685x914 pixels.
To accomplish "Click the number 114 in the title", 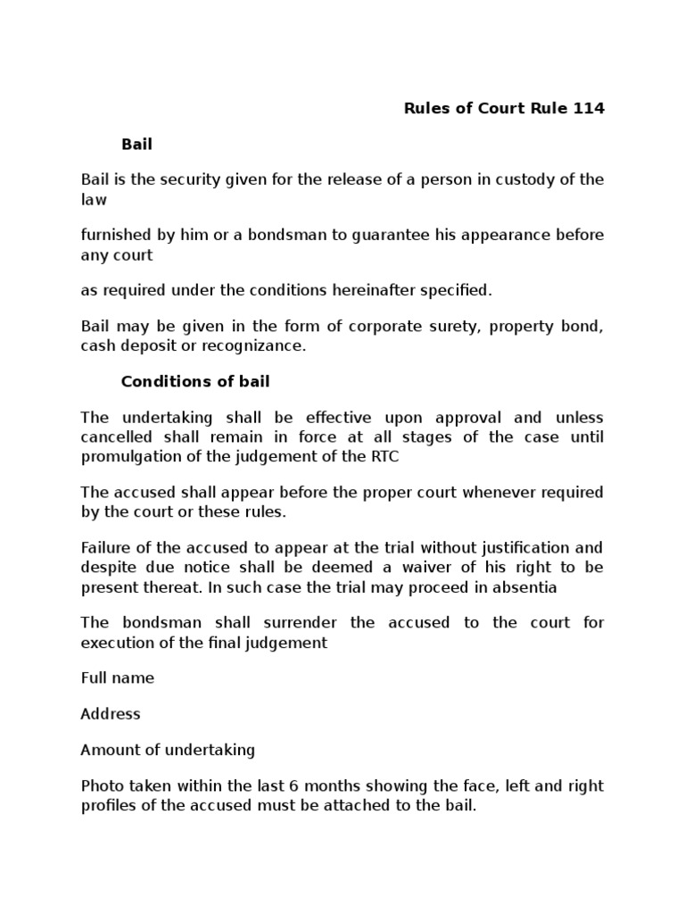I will (x=586, y=108).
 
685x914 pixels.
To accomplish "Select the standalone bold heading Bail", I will (x=136, y=144).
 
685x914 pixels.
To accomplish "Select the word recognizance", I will (x=255, y=345).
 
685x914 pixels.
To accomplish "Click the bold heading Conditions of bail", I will (x=195, y=381).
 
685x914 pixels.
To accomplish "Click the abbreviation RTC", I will (x=373, y=455).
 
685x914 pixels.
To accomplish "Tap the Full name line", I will (x=117, y=677).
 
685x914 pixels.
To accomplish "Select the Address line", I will (x=111, y=714).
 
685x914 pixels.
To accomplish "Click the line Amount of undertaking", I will (x=168, y=750).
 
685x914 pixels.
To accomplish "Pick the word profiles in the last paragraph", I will (x=106, y=805).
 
